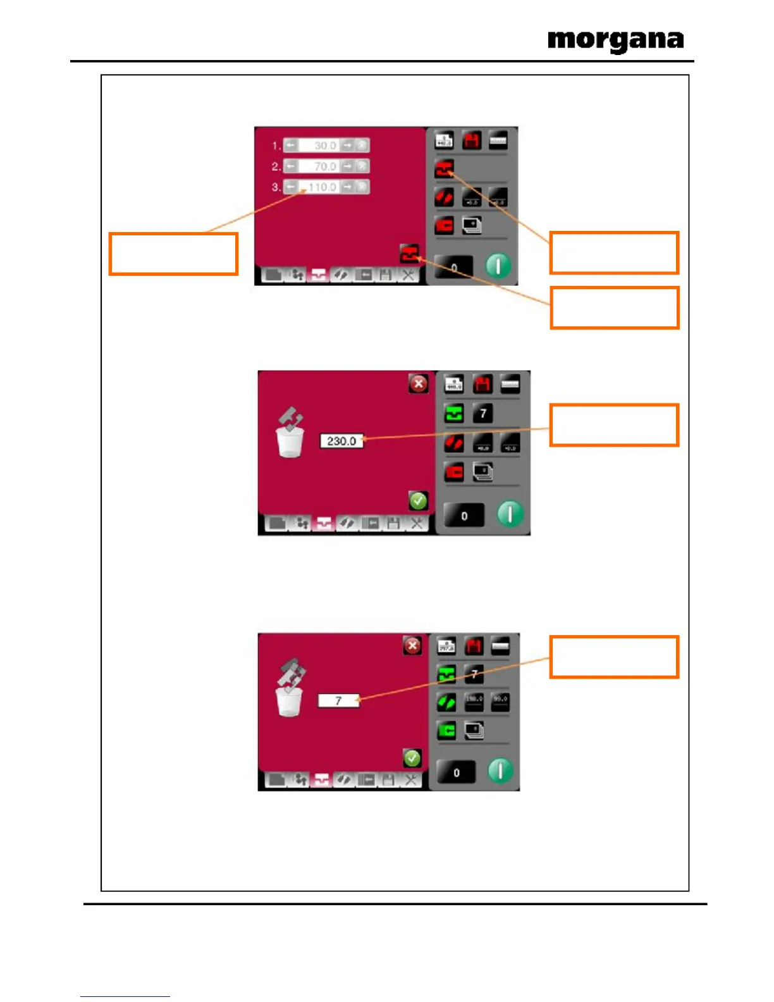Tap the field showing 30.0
[325, 145]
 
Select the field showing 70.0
[325, 166]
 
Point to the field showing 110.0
[322, 187]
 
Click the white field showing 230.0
[341, 441]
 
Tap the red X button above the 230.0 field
[418, 383]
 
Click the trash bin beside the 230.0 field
[290, 441]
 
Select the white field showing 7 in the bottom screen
[338, 701]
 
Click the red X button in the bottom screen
[412, 646]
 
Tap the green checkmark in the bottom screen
[412, 758]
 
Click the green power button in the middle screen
[510, 514]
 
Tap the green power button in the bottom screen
[500, 771]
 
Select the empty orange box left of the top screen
[173, 254]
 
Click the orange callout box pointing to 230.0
[614, 425]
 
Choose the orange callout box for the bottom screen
[614, 657]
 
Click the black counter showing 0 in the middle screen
[464, 516]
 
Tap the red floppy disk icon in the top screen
[472, 140]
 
